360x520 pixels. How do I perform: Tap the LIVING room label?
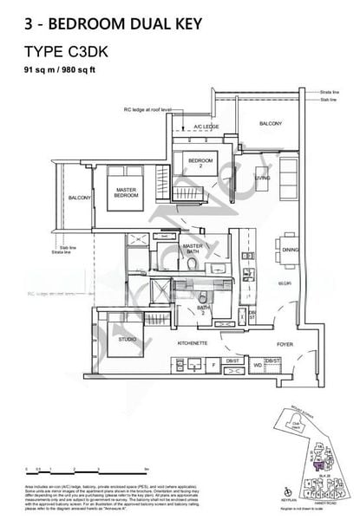[x=261, y=179]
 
